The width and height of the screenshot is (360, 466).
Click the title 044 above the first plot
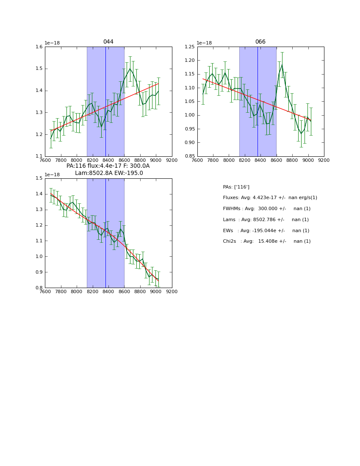click(108, 42)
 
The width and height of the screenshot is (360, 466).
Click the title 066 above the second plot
click(260, 42)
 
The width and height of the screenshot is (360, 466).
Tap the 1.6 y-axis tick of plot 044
click(39, 47)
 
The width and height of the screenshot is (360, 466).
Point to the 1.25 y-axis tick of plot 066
click(190, 47)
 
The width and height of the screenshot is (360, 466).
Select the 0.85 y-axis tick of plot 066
click(190, 156)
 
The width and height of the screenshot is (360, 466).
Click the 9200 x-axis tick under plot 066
click(324, 161)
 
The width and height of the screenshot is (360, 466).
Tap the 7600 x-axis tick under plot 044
click(45, 161)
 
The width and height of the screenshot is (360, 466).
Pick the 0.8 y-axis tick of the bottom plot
click(39, 288)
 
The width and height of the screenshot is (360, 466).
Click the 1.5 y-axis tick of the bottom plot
click(39, 178)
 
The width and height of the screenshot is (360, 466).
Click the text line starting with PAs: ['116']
click(236, 187)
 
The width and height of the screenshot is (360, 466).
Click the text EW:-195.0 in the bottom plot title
click(129, 173)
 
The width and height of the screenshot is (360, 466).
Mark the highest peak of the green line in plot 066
click(282, 64)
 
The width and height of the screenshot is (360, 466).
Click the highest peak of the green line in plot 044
click(130, 69)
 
